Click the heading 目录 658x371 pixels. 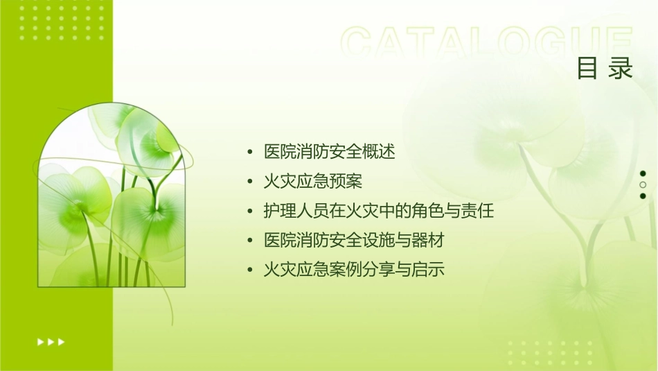[605, 69]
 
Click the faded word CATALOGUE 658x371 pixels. [487, 44]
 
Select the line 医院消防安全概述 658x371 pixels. [330, 152]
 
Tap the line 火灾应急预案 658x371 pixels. [313, 182]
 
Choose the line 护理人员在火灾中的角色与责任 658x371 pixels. [379, 211]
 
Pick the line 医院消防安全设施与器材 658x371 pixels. [354, 241]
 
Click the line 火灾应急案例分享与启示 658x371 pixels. [354, 270]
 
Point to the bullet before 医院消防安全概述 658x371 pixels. [249, 152]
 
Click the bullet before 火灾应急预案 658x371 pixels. [249, 182]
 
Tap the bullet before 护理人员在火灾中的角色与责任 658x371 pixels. [249, 211]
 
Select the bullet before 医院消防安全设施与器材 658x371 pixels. [249, 241]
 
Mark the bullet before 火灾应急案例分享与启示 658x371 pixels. [249, 270]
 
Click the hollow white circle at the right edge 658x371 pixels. [643, 185]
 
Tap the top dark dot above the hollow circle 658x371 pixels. [643, 173]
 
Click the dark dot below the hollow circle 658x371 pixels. [643, 196]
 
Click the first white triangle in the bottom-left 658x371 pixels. [40, 341]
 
